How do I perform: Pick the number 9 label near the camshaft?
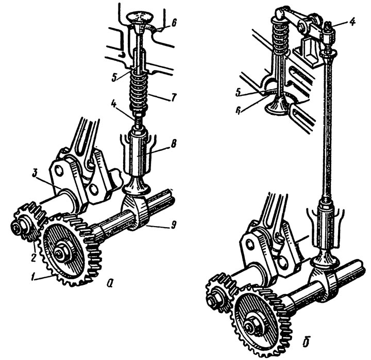[x=174, y=225]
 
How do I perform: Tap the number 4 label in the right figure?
[x=352, y=22]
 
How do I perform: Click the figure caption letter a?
[x=110, y=282]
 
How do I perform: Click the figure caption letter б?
[x=306, y=341]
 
